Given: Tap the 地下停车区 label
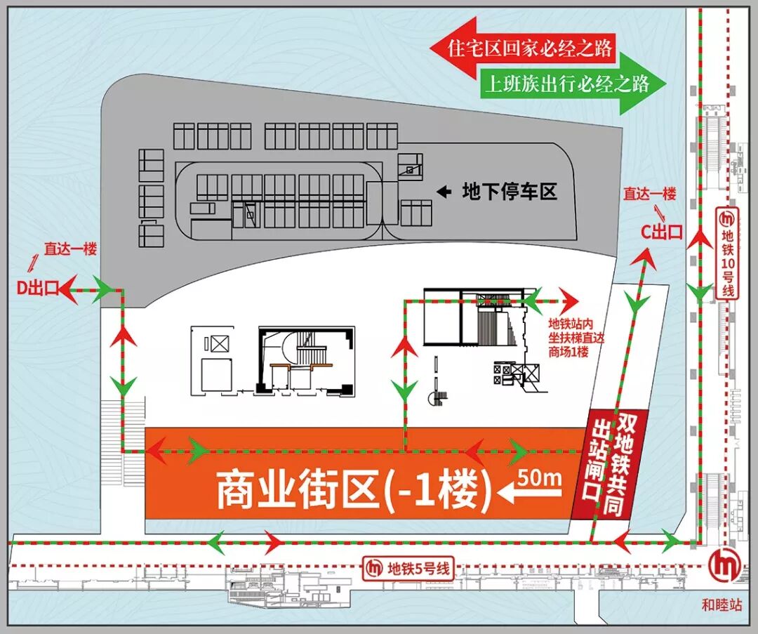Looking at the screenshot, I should (509, 192).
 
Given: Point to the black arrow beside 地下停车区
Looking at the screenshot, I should (444, 191).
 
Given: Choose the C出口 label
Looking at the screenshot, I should (663, 232).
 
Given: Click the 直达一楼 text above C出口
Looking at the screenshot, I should (649, 194).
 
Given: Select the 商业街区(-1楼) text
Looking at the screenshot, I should (354, 489).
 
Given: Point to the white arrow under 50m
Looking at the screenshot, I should (530, 494).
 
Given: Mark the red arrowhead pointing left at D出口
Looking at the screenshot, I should (69, 291).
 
